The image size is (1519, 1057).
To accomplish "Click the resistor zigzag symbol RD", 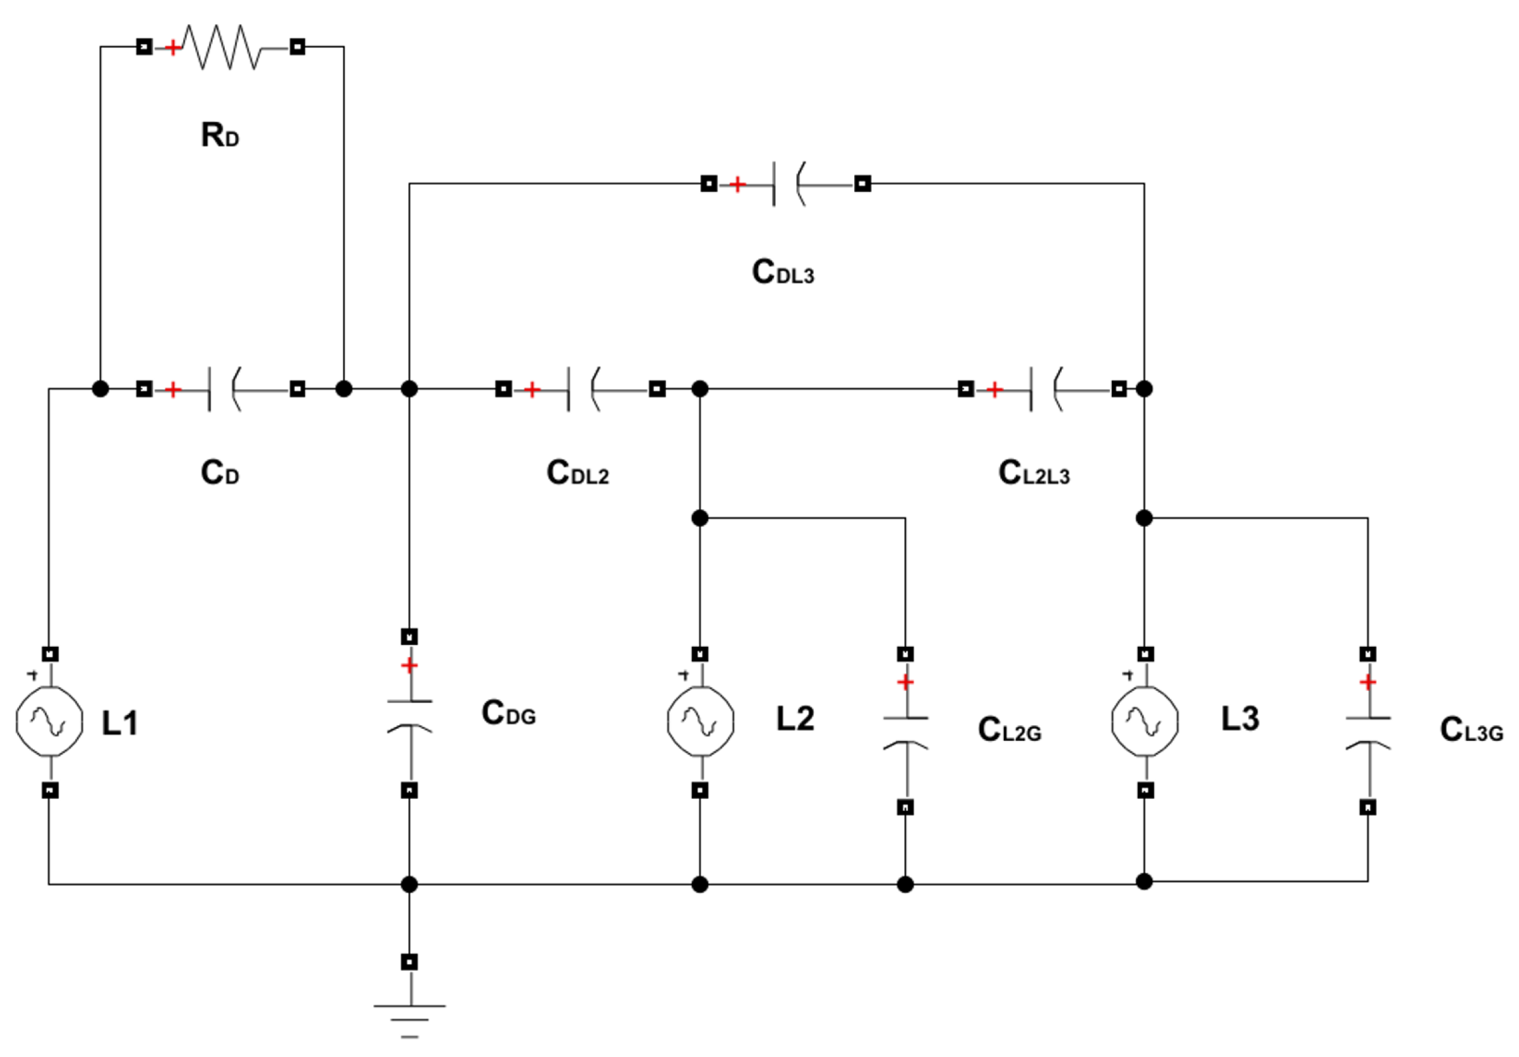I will [x=222, y=47].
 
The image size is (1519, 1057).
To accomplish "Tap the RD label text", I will [x=220, y=135].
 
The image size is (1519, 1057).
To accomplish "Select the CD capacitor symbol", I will [x=223, y=389].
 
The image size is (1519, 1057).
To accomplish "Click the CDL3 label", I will [x=783, y=272].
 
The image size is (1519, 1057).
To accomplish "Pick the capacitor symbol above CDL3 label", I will [x=788, y=184].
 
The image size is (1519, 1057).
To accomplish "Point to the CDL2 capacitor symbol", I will [x=583, y=389].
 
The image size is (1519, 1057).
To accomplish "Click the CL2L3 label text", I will [x=1034, y=473].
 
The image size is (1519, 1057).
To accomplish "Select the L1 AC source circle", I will [x=50, y=721].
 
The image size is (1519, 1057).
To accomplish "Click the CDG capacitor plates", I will [x=410, y=714].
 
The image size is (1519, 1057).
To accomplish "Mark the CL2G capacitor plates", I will [x=906, y=731].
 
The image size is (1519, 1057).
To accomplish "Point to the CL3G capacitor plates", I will [x=1368, y=731].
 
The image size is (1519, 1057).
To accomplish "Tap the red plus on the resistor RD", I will [x=172, y=47].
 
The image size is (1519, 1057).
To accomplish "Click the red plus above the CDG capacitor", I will [x=410, y=664].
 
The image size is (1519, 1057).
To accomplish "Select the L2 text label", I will [x=795, y=719].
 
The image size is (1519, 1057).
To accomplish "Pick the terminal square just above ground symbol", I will [x=410, y=962].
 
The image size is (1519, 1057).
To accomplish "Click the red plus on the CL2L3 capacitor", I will [x=994, y=390].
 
